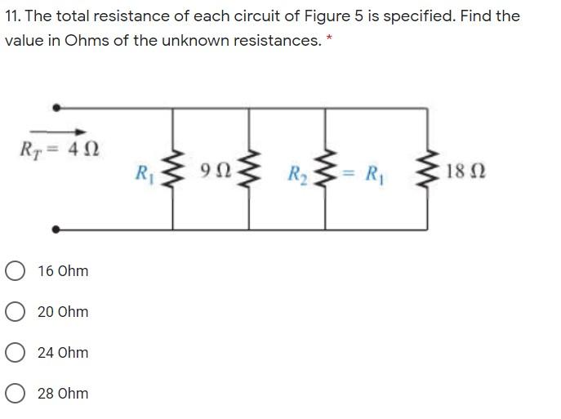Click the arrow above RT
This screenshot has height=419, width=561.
54,132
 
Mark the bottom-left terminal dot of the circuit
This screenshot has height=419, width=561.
56,230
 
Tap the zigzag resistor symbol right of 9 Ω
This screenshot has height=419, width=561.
249,170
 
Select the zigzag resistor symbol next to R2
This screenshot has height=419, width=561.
325,171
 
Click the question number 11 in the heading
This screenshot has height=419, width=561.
11,16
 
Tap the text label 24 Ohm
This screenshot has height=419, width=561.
63,353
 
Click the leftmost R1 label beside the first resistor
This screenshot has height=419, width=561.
144,173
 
